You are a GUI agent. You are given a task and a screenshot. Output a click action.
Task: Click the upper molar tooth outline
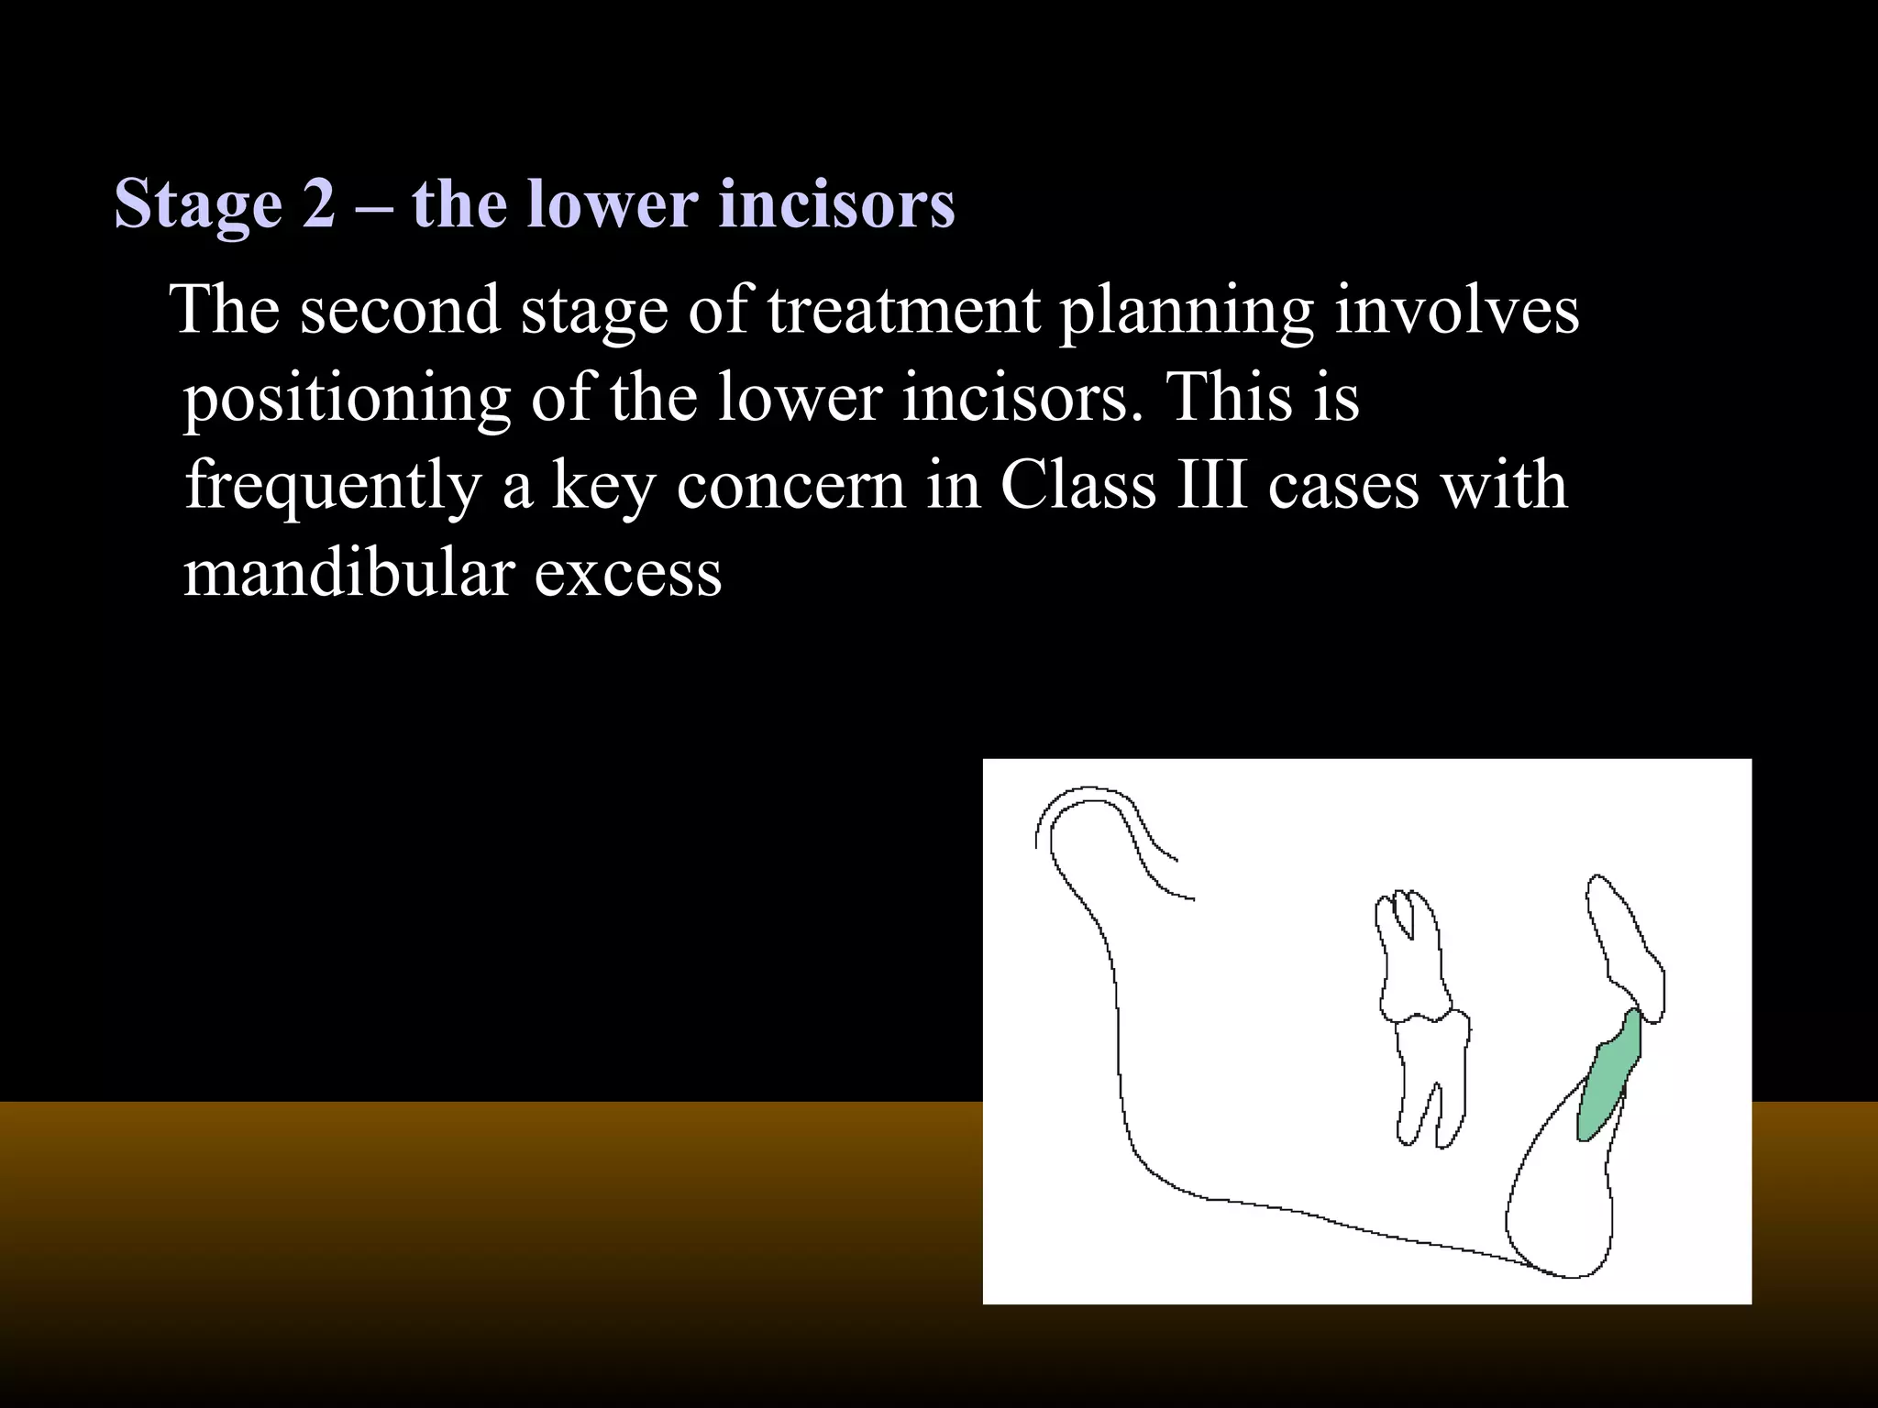pyautogui.click(x=1412, y=958)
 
